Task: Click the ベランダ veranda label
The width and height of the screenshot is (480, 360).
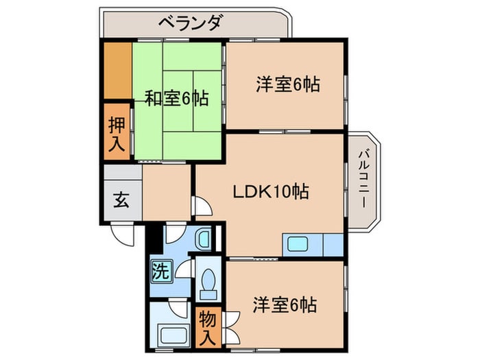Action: [190, 23]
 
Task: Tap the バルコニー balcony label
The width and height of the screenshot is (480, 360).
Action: [364, 179]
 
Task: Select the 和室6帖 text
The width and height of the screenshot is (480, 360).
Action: [177, 99]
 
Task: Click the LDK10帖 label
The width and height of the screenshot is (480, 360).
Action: [271, 191]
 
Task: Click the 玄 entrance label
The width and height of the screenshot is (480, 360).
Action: [121, 200]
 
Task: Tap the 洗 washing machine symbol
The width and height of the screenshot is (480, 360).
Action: [161, 271]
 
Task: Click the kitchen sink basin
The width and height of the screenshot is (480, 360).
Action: [297, 244]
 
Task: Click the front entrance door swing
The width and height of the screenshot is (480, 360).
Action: [123, 235]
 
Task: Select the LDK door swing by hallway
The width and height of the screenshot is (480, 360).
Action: [203, 206]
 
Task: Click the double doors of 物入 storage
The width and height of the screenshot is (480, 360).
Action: [232, 328]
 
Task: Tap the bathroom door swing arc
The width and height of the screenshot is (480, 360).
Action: [179, 309]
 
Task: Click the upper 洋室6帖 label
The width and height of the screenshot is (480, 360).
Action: [288, 84]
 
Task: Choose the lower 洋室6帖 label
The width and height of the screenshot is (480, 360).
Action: [285, 304]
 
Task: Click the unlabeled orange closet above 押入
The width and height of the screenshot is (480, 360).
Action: [118, 71]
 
